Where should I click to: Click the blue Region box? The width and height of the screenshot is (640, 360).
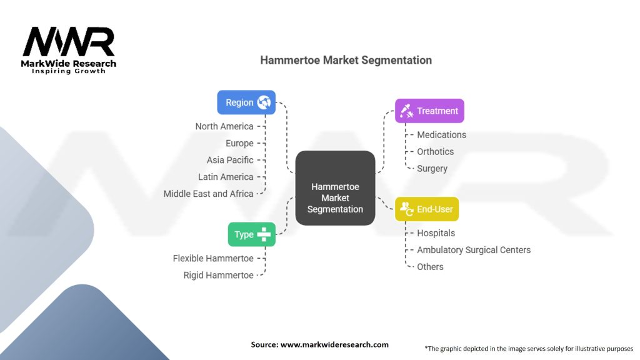point(246,102)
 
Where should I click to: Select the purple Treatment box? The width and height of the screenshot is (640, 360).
point(429,111)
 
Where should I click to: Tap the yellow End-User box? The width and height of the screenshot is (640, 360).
point(426,209)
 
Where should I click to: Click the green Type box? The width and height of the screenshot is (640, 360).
point(251,234)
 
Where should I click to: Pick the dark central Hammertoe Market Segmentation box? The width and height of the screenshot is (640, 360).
point(335,187)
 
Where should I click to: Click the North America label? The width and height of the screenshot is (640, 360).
point(224,126)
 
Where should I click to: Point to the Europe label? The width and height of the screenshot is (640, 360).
point(239,143)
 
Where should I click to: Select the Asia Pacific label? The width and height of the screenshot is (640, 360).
point(230,160)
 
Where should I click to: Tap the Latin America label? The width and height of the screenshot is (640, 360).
point(226,177)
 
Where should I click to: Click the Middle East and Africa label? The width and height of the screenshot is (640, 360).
point(208,194)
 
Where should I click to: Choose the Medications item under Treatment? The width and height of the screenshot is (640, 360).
point(441,135)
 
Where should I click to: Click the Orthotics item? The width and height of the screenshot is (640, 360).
point(435,151)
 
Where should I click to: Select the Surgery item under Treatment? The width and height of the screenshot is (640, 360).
point(432,169)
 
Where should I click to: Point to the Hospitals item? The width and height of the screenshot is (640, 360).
point(436,233)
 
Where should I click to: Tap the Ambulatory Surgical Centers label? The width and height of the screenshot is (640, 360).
point(474,250)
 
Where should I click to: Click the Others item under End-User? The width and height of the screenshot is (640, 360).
point(430,267)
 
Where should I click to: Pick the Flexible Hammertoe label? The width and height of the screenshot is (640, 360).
point(213,258)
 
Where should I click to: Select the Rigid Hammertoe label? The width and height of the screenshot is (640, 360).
point(218,276)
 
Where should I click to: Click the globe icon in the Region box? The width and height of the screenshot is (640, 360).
point(264,102)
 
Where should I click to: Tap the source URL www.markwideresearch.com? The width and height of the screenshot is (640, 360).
point(334,344)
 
